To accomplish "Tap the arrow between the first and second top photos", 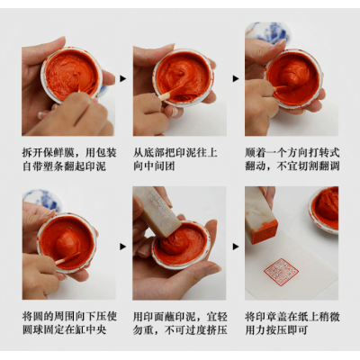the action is (123, 78).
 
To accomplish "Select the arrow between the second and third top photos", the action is (236, 78).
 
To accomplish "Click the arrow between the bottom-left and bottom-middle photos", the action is (123, 247).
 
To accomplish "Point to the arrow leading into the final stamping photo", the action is (236, 247).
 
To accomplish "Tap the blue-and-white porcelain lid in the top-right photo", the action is (268, 32).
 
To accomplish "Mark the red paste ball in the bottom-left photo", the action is (68, 241).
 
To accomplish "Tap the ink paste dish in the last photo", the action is (324, 211).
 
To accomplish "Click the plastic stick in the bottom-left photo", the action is (67, 258).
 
